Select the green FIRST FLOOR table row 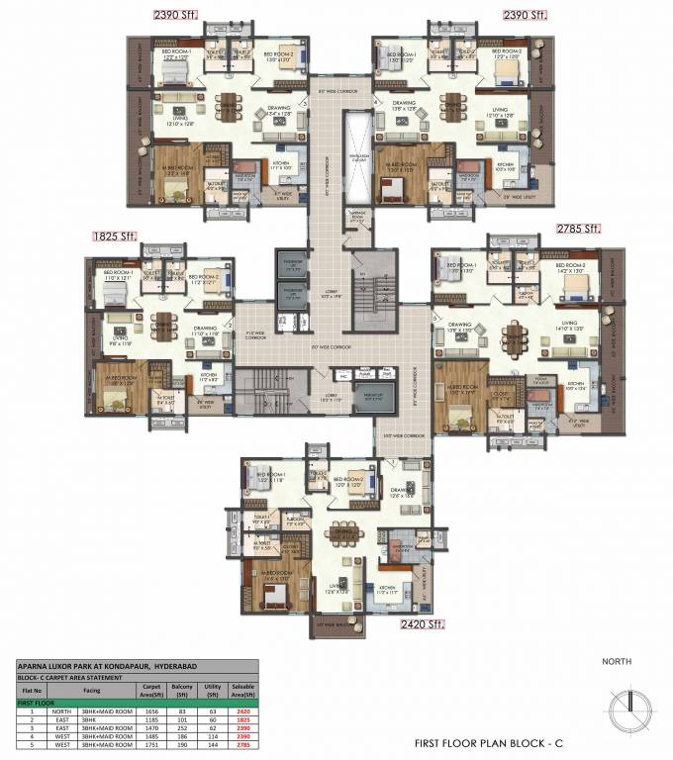coord(137,701)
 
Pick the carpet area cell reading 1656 coord(152,710)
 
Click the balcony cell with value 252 coord(181,727)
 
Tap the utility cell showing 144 coord(209,745)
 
